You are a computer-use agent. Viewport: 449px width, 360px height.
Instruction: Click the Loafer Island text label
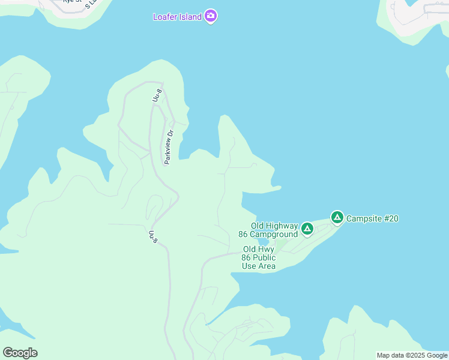point(177,17)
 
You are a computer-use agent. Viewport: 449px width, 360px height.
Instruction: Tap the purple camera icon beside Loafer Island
point(211,16)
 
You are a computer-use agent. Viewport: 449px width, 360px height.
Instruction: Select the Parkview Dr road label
point(169,147)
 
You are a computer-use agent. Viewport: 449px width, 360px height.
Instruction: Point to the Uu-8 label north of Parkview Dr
point(156,95)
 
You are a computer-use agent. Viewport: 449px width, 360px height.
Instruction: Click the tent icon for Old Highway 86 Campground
point(307,229)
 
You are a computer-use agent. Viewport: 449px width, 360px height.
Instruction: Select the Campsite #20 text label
point(372,218)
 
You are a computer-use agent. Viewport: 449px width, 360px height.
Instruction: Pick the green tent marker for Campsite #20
point(337,217)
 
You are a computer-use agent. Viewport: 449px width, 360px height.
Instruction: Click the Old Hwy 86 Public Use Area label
point(259,257)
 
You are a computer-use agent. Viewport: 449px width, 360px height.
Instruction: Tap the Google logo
point(20,353)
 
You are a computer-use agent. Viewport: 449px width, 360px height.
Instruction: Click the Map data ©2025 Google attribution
point(412,355)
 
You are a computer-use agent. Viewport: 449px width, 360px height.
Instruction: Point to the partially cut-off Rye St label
point(73,2)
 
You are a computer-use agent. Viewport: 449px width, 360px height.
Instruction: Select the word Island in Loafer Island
point(190,17)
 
